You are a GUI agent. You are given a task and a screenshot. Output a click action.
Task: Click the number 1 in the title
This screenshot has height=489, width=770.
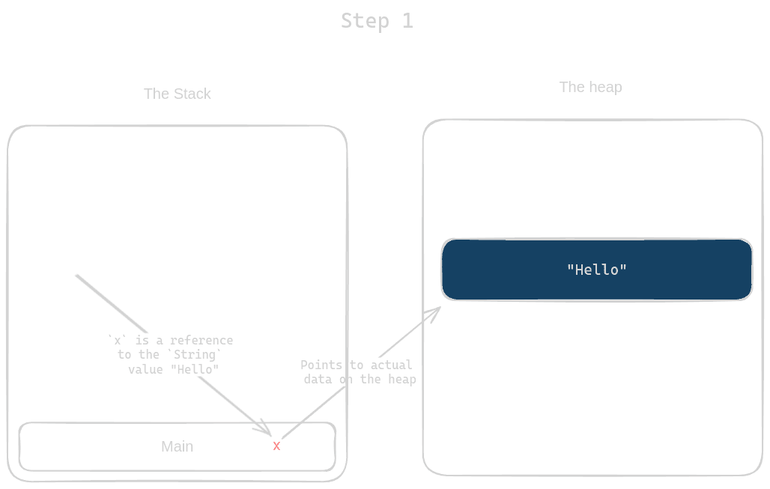407,20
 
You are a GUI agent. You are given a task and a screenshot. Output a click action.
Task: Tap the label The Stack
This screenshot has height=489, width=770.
178,94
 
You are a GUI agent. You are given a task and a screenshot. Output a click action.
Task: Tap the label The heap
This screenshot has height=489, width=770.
590,87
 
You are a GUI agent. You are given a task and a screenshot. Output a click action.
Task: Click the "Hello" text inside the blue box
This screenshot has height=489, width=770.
596,270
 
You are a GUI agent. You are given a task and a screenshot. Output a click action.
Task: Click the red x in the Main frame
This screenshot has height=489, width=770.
276,446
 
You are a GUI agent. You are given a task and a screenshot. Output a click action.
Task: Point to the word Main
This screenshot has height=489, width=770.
178,446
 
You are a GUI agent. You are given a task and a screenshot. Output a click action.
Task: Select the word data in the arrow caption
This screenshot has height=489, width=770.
318,380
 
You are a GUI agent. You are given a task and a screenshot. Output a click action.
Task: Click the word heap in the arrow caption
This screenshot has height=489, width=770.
401,380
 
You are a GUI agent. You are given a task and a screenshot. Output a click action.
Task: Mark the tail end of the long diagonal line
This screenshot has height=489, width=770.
76,276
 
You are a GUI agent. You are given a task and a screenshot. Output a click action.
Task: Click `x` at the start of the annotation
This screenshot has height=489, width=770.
116,341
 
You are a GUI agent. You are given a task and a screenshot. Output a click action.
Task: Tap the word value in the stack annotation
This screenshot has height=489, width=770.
145,369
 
